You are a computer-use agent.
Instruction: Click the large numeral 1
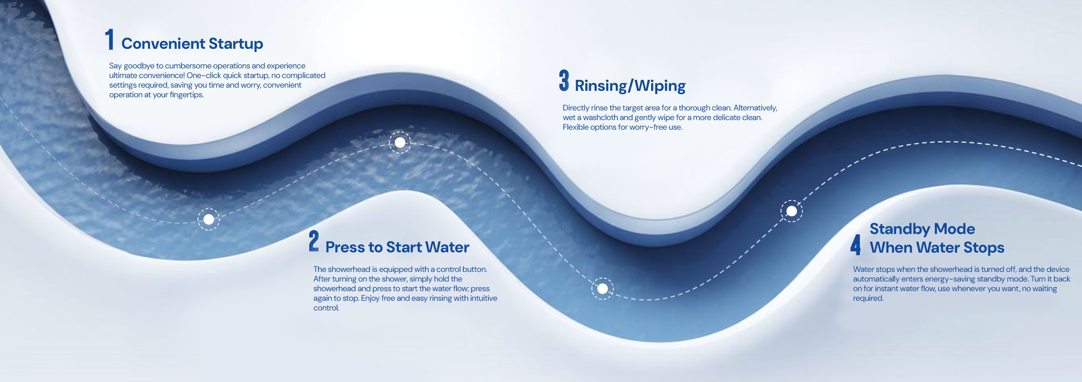[x=109, y=40]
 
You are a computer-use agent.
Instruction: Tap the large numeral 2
[x=314, y=241]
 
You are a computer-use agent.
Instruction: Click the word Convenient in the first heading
[x=163, y=44]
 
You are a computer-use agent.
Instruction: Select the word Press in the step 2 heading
[x=345, y=247]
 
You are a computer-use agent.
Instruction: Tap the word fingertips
[x=187, y=95]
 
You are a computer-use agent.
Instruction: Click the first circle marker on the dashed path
[x=209, y=219]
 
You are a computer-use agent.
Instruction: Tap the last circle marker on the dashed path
[x=791, y=211]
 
